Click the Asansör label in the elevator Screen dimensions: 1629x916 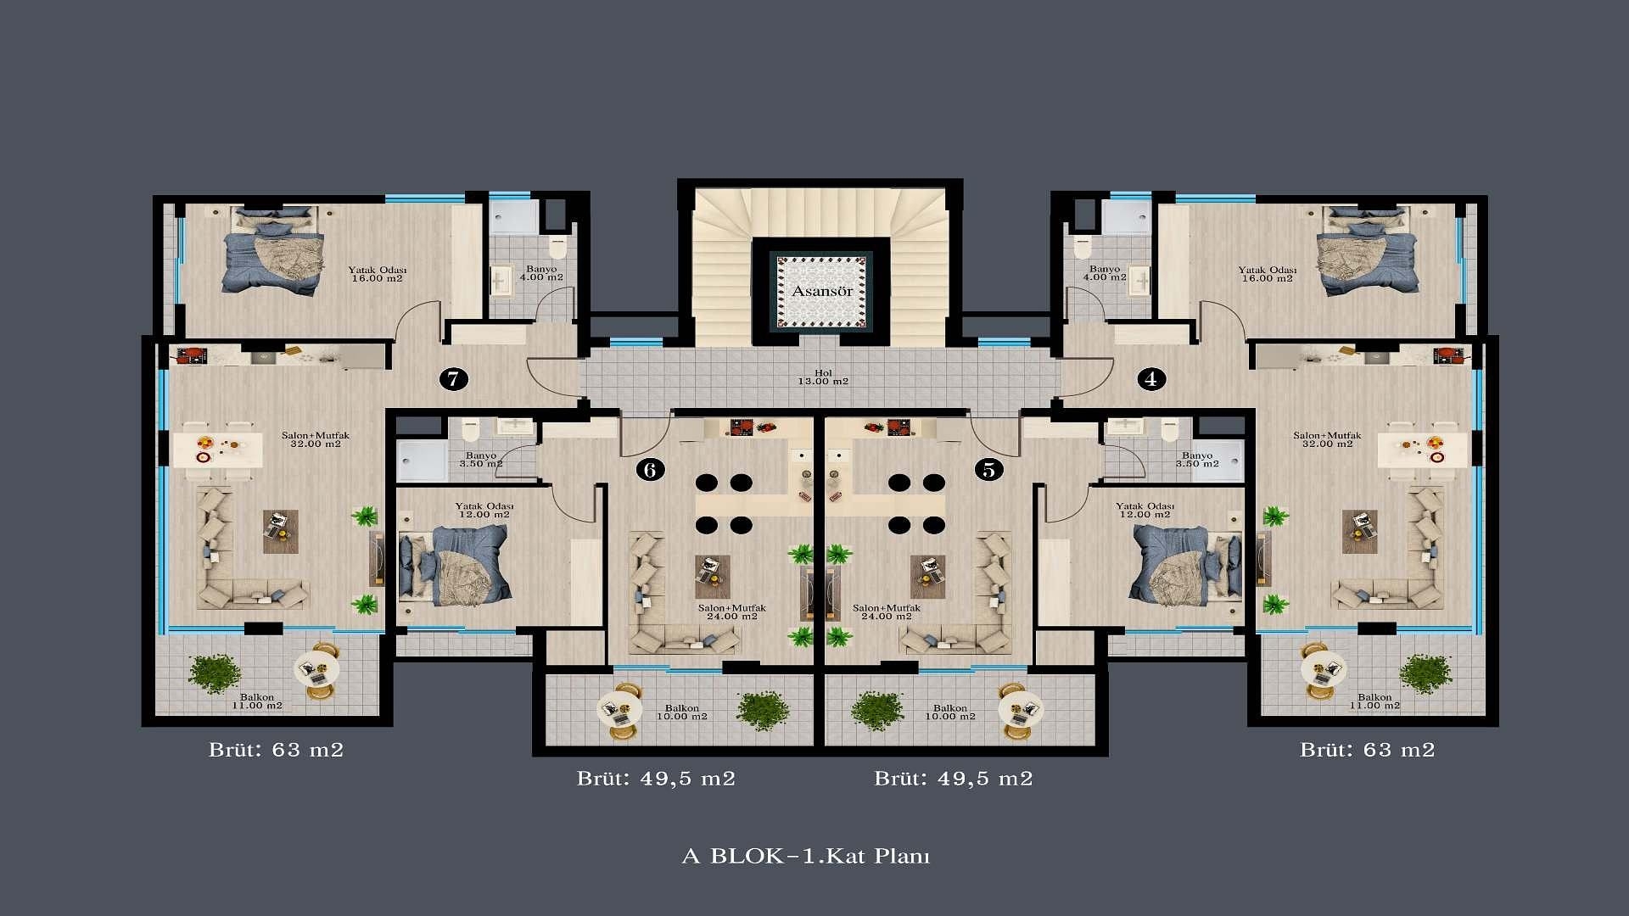(822, 291)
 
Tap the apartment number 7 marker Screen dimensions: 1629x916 (454, 378)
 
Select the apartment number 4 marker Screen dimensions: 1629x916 (1150, 378)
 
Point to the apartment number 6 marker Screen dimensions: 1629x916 (650, 469)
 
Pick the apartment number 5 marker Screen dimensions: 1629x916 (988, 469)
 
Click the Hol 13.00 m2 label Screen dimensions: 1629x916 (823, 377)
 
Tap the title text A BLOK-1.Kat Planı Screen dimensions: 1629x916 (806, 856)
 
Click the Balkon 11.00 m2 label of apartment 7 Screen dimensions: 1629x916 (257, 701)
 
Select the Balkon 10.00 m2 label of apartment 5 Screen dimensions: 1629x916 (950, 712)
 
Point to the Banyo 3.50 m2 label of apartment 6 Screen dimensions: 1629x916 (481, 460)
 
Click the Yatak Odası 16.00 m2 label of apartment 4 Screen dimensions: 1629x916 (1268, 274)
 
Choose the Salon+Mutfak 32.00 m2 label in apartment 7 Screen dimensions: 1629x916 (316, 439)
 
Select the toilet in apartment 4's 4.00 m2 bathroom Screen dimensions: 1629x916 (1082, 247)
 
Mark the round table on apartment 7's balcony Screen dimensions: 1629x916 (316, 670)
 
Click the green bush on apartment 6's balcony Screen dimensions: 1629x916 (763, 710)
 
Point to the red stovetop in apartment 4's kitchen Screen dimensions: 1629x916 (1444, 355)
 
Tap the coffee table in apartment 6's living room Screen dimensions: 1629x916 (712, 577)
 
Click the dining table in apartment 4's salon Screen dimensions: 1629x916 (1422, 450)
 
